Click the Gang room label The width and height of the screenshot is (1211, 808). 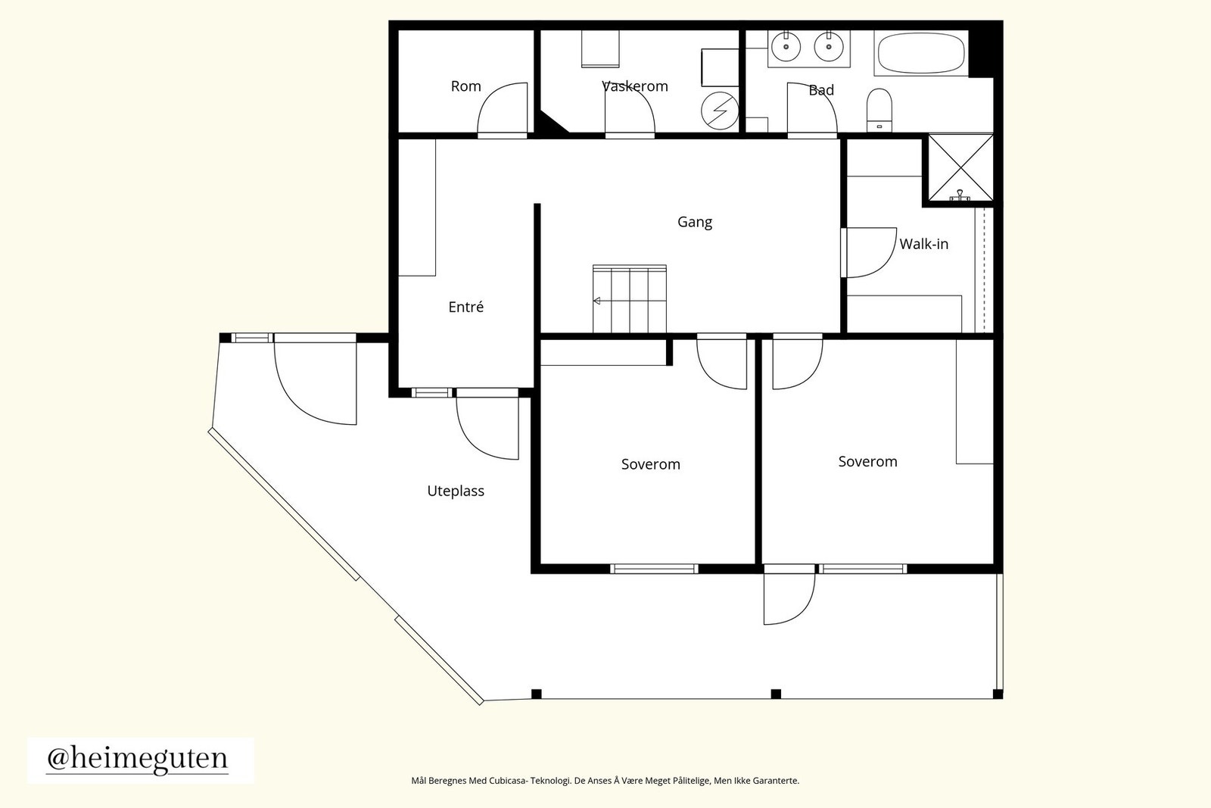point(695,223)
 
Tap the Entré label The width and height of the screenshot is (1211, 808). point(466,307)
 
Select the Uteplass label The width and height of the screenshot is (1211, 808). point(456,491)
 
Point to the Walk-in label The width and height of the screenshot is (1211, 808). point(924,244)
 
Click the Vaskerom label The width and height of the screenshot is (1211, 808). point(635,86)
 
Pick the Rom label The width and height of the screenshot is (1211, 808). point(466,86)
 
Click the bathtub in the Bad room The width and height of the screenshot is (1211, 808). point(921,53)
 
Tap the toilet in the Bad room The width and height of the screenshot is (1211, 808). point(879,110)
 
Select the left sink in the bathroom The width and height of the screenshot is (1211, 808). point(786,46)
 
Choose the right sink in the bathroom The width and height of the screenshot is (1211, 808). point(828,46)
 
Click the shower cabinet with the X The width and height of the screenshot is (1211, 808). point(960,167)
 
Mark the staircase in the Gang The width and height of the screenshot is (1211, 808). point(629,298)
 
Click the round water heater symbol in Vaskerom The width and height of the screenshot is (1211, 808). point(720,111)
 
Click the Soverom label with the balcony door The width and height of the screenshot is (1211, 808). point(867,461)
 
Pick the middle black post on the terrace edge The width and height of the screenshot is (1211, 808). point(776,694)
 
